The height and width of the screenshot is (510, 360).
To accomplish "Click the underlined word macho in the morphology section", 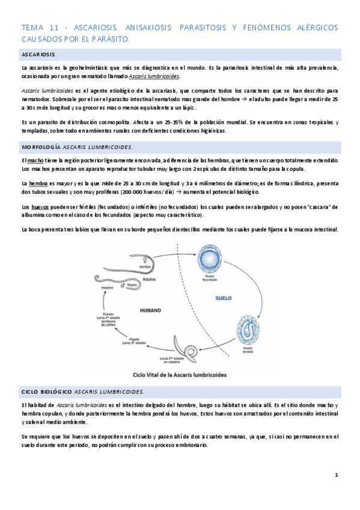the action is click(x=35, y=161).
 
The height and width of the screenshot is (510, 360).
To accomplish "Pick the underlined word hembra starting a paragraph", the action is click(x=38, y=183).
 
